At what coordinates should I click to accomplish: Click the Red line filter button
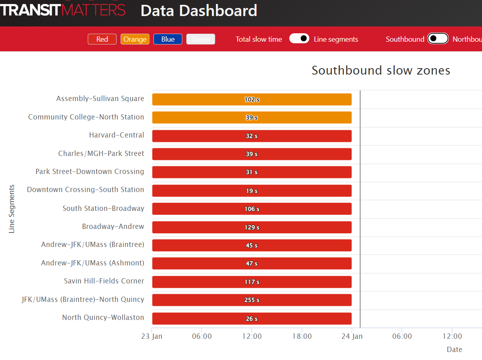(x=102, y=39)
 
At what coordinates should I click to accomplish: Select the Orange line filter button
(x=135, y=39)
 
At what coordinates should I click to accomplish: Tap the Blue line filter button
(x=168, y=39)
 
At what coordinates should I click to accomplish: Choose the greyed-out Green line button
(x=201, y=39)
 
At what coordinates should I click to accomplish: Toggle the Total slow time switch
(x=299, y=38)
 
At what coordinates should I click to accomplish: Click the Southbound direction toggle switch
(x=438, y=38)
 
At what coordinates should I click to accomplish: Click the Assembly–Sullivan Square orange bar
(x=252, y=99)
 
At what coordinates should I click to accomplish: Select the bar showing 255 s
(x=252, y=300)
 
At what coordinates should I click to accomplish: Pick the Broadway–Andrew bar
(x=252, y=227)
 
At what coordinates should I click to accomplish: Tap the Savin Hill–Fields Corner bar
(x=252, y=282)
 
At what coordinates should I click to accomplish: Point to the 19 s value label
(x=252, y=191)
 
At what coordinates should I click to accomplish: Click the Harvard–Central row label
(x=117, y=135)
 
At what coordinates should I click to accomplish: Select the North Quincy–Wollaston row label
(x=103, y=318)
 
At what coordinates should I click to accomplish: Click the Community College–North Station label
(x=86, y=117)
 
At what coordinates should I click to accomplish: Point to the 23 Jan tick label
(x=152, y=336)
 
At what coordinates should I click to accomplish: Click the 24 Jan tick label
(x=352, y=336)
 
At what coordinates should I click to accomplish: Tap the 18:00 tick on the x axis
(x=302, y=336)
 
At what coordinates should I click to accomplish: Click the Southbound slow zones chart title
(x=381, y=71)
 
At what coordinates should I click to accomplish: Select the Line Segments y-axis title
(x=12, y=209)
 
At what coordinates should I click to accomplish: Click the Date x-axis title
(x=454, y=350)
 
